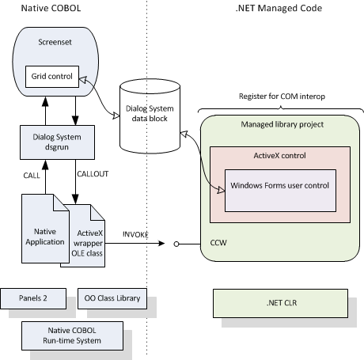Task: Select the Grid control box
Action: [x=50, y=78]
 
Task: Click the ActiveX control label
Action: [x=278, y=156]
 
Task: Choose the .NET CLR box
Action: [x=280, y=301]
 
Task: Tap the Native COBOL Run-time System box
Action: [x=73, y=332]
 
